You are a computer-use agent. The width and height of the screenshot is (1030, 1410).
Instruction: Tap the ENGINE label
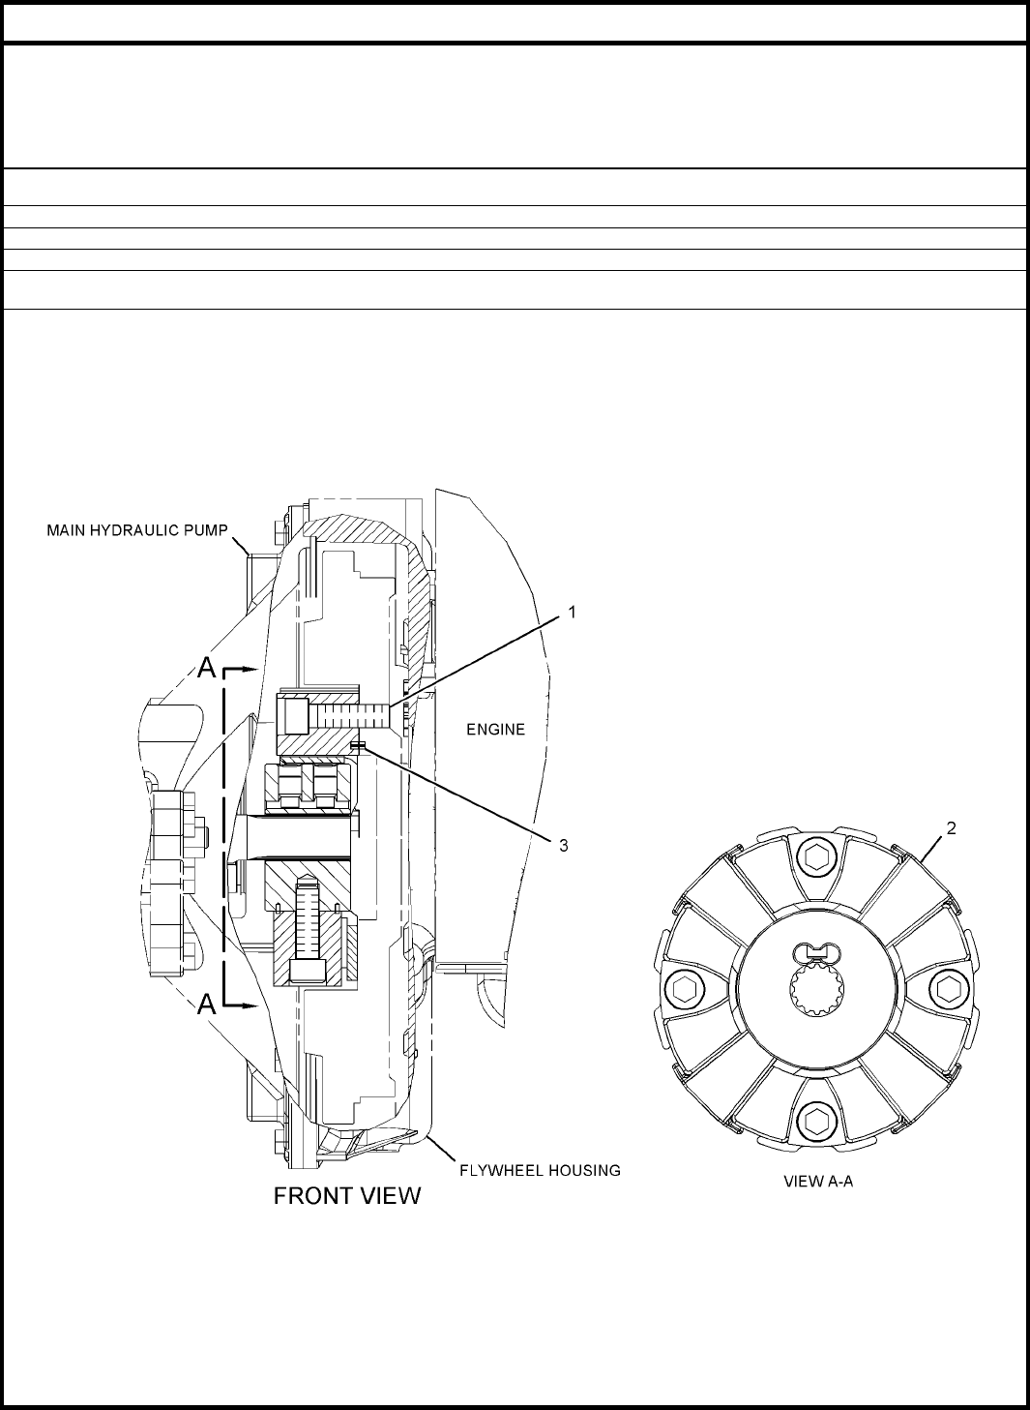pyautogui.click(x=495, y=730)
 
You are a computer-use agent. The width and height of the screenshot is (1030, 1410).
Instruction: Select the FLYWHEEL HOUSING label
pyautogui.click(x=539, y=1170)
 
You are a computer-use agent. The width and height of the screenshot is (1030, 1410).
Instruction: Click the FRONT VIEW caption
pyautogui.click(x=347, y=1196)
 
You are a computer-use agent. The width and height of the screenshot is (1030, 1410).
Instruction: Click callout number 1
pyautogui.click(x=572, y=612)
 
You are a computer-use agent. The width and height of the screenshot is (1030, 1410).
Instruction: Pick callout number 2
pyautogui.click(x=952, y=828)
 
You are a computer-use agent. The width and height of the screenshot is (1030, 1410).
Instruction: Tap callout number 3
pyautogui.click(x=564, y=845)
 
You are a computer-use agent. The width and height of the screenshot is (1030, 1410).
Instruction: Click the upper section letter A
pyautogui.click(x=206, y=669)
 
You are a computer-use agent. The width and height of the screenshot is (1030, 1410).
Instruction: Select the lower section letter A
pyautogui.click(x=206, y=1005)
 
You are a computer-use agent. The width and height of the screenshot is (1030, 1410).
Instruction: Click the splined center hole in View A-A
pyautogui.click(x=816, y=989)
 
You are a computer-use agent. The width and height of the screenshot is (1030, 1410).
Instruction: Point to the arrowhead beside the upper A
pyautogui.click(x=249, y=669)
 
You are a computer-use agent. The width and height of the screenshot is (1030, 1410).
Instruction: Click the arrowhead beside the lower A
pyautogui.click(x=249, y=1005)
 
